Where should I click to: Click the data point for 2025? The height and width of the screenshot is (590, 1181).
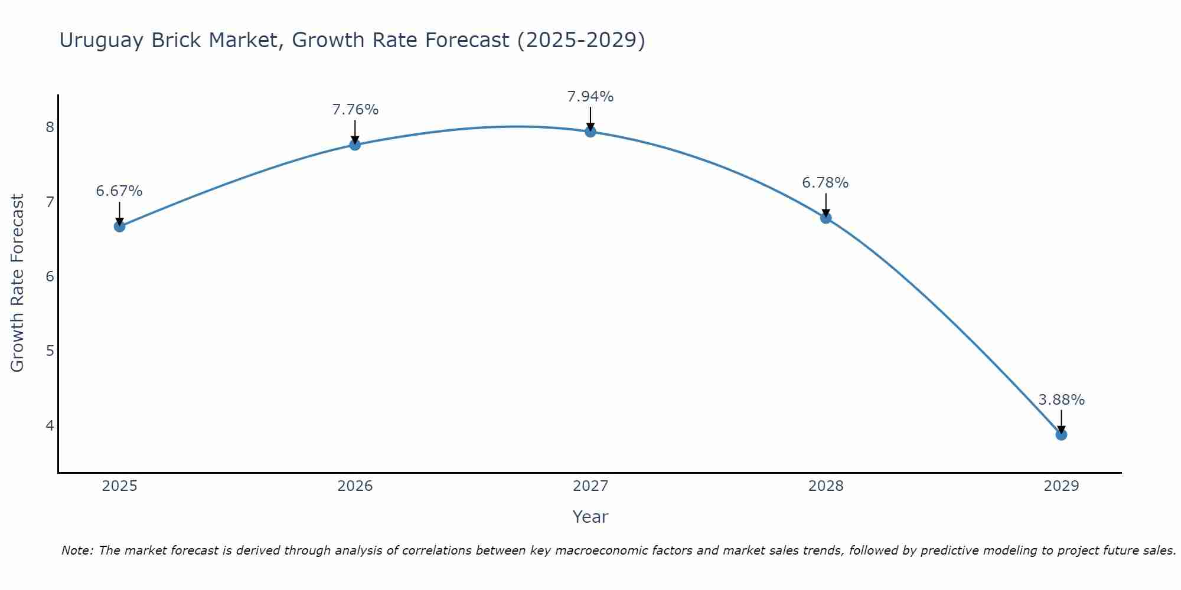119,226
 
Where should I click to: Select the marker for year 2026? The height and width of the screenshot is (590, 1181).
355,145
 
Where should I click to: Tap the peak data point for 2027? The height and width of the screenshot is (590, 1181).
590,132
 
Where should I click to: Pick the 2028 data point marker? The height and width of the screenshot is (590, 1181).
826,218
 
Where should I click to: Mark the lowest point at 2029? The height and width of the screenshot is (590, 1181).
1061,435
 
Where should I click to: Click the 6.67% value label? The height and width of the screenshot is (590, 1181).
119,191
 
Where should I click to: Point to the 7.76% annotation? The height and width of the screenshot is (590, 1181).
355,110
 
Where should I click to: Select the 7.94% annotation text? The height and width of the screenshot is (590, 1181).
590,97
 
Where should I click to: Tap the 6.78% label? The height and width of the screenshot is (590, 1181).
826,183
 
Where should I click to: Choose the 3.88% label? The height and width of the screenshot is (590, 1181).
1061,400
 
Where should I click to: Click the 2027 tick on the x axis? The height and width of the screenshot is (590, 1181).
590,486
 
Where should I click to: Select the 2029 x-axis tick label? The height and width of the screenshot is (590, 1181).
1061,486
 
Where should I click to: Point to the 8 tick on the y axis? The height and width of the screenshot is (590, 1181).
50,127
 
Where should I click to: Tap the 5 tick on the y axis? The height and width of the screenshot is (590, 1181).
50,351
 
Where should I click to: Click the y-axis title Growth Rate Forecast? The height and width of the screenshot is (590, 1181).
18,283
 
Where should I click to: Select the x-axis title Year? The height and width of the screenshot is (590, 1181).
590,517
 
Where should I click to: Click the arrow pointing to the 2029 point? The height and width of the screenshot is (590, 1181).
1061,421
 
